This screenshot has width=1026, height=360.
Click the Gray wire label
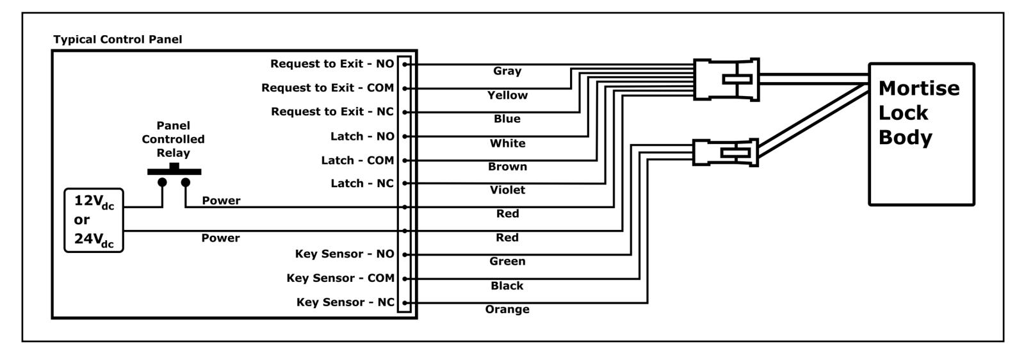(x=507, y=71)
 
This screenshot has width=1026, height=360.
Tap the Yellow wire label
(x=507, y=95)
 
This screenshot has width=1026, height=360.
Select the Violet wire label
(x=507, y=190)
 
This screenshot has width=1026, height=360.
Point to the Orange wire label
(x=507, y=309)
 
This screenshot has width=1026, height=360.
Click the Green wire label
(x=507, y=261)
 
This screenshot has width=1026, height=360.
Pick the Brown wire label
(x=507, y=167)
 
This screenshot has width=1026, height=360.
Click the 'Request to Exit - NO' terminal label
(x=332, y=63)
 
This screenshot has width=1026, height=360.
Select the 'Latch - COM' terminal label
(x=358, y=160)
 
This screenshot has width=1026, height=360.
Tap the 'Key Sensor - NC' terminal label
(x=345, y=302)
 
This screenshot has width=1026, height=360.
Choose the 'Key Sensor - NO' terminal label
(x=345, y=254)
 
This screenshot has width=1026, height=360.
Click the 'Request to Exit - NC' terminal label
(x=332, y=111)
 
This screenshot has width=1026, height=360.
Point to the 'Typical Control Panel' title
(x=118, y=39)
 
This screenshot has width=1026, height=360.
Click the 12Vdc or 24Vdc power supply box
(x=94, y=220)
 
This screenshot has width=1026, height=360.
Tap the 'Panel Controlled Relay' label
(x=173, y=139)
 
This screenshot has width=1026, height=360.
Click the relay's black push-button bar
(x=174, y=170)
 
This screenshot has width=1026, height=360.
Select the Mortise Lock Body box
(x=922, y=134)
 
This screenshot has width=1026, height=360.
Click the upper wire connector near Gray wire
(x=726, y=79)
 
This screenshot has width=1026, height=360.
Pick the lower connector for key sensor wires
(x=726, y=153)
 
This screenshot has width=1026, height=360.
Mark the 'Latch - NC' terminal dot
(x=405, y=184)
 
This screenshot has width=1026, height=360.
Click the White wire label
(x=507, y=143)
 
